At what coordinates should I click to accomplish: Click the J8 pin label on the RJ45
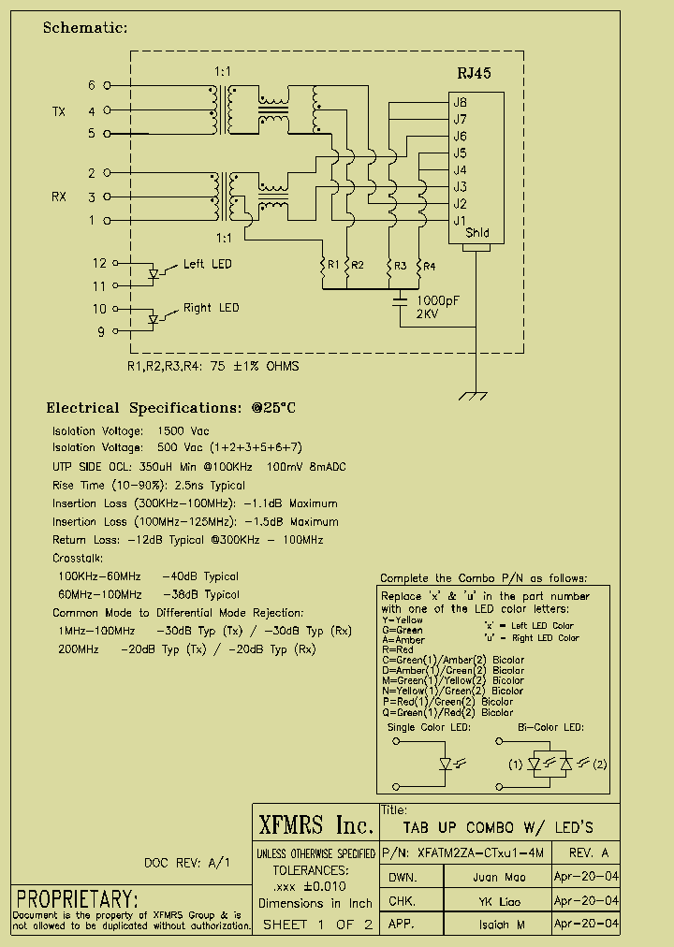(x=460, y=103)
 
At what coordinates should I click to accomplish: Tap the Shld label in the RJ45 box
(x=476, y=234)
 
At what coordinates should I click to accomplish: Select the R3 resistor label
(x=400, y=266)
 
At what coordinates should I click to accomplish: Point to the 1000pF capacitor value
(x=438, y=300)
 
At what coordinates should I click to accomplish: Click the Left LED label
(x=208, y=264)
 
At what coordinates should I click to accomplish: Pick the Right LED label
(x=211, y=308)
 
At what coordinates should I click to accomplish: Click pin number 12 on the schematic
(x=99, y=263)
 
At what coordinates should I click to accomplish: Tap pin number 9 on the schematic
(x=102, y=331)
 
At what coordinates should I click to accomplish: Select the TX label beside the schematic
(x=58, y=111)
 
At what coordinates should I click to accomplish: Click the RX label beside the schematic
(x=58, y=197)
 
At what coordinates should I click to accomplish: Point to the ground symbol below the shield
(x=476, y=396)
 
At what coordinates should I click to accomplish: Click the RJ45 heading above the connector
(x=474, y=73)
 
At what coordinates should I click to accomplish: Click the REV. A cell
(x=587, y=853)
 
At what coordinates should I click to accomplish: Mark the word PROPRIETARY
(x=77, y=898)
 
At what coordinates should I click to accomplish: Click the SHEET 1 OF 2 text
(x=317, y=925)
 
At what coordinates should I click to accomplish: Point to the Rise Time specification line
(x=149, y=486)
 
